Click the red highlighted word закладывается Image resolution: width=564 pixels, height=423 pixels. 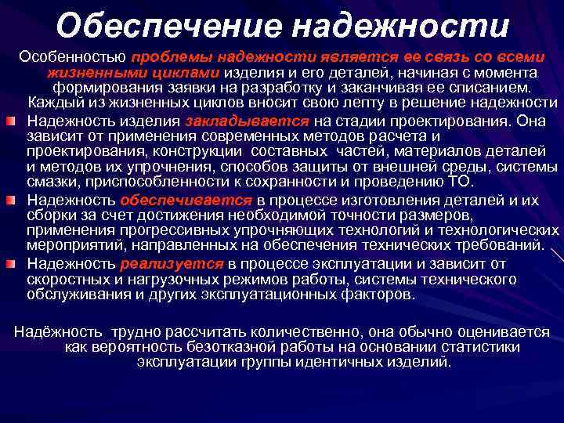click(247, 121)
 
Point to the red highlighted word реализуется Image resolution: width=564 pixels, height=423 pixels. click(172, 263)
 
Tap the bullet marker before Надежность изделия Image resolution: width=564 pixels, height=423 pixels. click(11, 121)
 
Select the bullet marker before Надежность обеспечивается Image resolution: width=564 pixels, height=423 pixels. click(11, 201)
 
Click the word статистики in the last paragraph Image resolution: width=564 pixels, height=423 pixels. click(486, 347)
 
